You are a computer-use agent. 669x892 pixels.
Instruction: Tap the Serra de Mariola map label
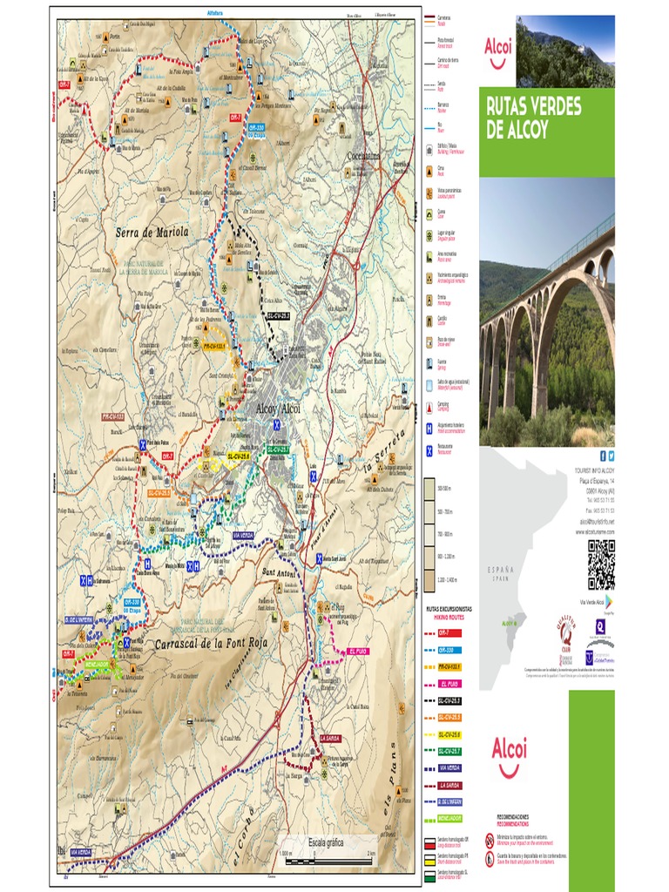click(152, 233)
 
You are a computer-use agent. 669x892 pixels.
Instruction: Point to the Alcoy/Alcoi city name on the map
click(278, 408)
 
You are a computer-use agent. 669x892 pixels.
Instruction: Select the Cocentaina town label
click(363, 156)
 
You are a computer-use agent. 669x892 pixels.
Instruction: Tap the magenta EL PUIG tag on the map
click(358, 651)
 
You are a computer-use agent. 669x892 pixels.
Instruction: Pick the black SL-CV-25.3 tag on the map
click(277, 316)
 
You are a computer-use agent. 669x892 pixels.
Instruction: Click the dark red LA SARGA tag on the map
click(329, 739)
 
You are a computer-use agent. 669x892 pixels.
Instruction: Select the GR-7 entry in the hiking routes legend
click(449, 633)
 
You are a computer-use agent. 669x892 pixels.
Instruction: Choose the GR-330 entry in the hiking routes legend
click(449, 650)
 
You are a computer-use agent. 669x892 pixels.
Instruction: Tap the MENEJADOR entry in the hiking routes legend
click(449, 818)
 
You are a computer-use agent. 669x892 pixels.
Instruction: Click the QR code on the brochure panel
click(600, 564)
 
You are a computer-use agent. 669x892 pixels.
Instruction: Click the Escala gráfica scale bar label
click(325, 842)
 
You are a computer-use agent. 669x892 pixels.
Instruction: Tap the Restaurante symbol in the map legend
click(429, 450)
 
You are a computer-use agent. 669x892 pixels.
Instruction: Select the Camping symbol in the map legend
click(429, 407)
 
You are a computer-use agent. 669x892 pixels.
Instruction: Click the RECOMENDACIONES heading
click(512, 817)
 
